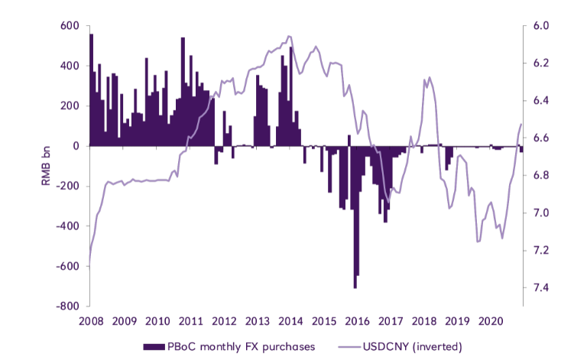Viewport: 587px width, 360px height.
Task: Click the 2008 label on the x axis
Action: pyautogui.click(x=90, y=320)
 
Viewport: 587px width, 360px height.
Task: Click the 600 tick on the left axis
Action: pyautogui.click(x=70, y=26)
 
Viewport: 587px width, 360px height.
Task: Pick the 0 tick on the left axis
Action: pyautogui.click(x=76, y=146)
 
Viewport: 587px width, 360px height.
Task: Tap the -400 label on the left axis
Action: pyautogui.click(x=69, y=226)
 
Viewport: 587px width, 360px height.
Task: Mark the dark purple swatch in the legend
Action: pyautogui.click(x=155, y=347)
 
